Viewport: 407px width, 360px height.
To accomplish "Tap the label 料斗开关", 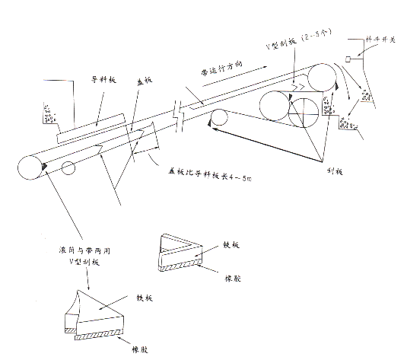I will pyautogui.click(x=383, y=37).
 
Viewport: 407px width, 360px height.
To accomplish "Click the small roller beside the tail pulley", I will pyautogui.click(x=69, y=169).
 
